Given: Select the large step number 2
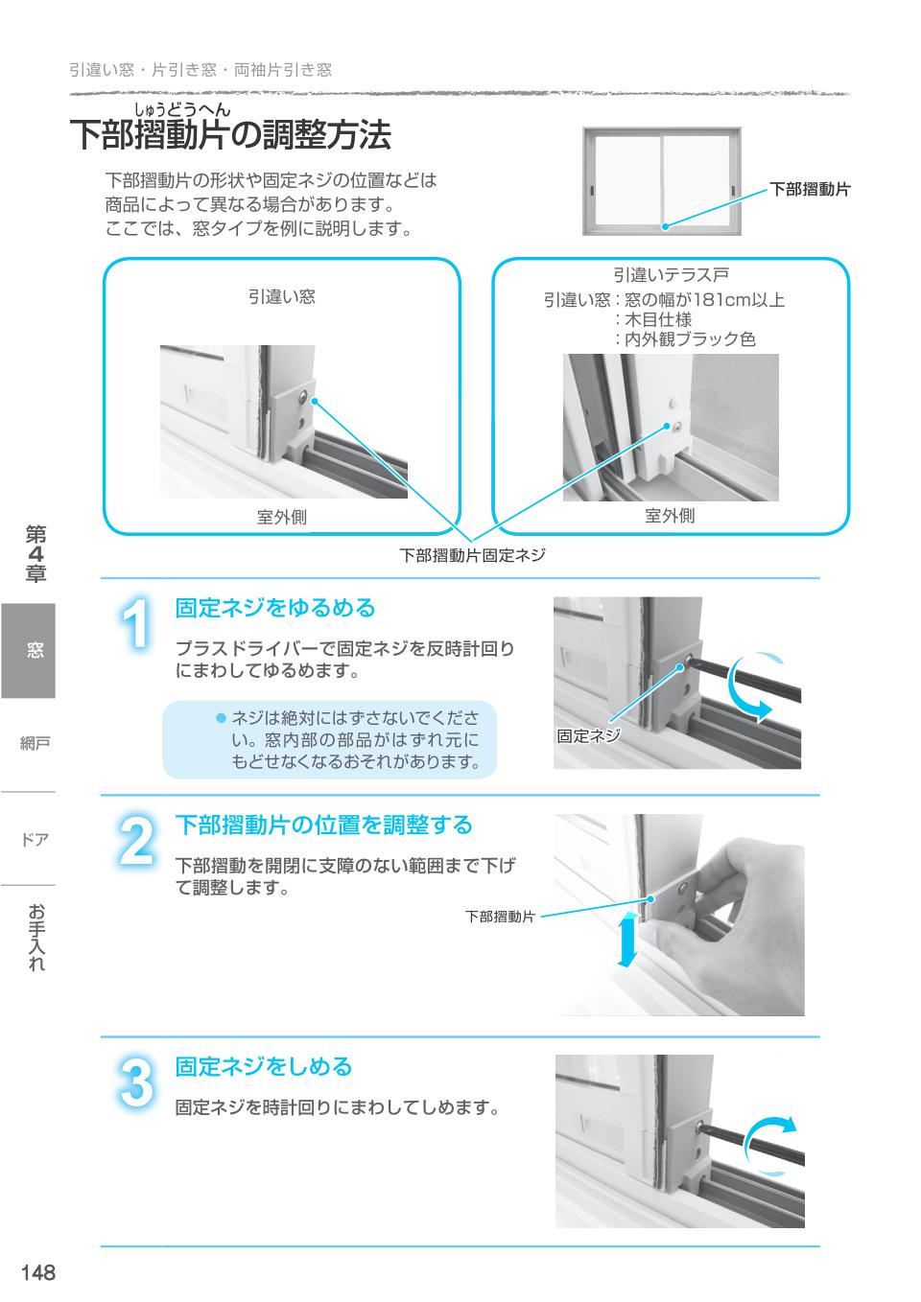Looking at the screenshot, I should tap(137, 841).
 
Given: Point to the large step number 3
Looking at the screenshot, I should tap(137, 1082).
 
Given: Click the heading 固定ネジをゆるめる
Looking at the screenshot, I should tap(274, 609).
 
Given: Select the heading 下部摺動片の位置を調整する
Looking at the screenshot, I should tap(323, 825).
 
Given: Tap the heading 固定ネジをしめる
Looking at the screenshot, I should tap(264, 1067).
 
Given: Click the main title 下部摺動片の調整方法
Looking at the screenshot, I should tap(230, 136).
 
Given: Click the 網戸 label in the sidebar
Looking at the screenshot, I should tap(35, 743).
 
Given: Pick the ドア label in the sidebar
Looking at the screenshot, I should tap(35, 840).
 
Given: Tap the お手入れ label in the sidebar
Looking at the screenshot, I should tap(35, 937).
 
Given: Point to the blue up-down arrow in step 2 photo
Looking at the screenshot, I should tap(627, 940).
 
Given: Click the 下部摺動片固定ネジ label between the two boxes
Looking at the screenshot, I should tap(472, 555).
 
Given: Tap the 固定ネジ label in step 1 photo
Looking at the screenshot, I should tap(588, 736).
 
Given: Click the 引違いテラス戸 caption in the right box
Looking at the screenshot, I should tap(671, 276).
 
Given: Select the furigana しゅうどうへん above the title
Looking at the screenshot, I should tap(182, 108).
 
